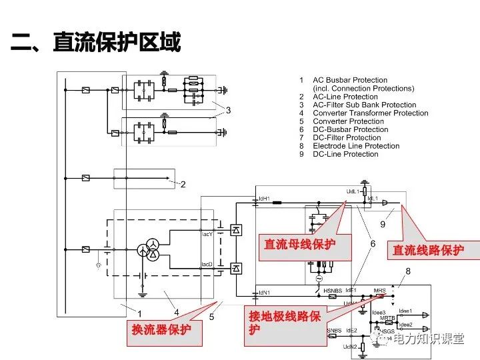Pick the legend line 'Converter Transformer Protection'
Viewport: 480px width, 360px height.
[x=370, y=113]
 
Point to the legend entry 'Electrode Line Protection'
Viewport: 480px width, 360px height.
[x=356, y=146]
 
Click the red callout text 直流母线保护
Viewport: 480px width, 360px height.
[x=299, y=245]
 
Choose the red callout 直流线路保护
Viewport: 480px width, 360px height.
[x=427, y=250]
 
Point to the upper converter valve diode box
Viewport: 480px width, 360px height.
[x=235, y=230]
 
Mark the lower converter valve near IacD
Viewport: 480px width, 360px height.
[x=235, y=268]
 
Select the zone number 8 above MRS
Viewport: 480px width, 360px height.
[x=408, y=271]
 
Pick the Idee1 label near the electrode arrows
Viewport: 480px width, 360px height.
[x=405, y=311]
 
